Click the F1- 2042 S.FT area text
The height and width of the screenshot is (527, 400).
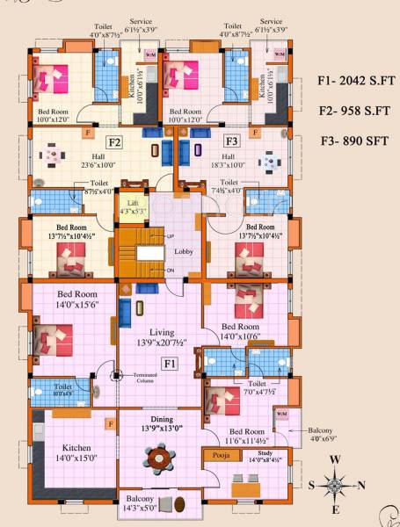tap(357, 82)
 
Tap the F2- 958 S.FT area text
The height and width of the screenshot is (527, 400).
tap(355, 111)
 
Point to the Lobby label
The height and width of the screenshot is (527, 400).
tap(184, 252)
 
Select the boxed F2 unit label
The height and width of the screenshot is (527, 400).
tap(114, 141)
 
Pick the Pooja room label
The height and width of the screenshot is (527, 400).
tap(216, 457)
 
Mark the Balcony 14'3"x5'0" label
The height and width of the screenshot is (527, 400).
tap(140, 503)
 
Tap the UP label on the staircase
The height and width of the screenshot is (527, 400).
tap(170, 237)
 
